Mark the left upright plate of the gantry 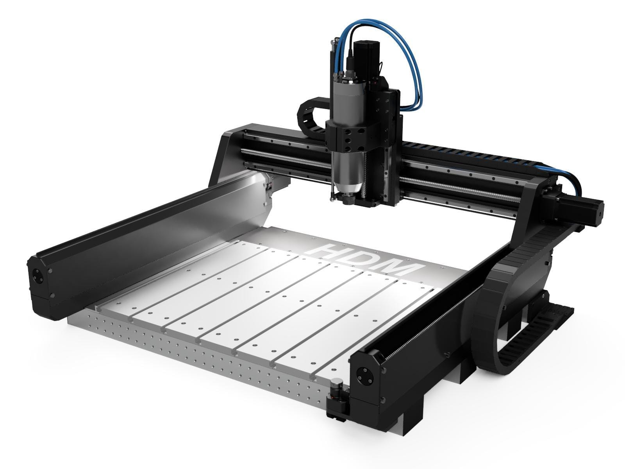[227, 156]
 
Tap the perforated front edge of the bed [195, 352]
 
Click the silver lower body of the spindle [346, 172]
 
